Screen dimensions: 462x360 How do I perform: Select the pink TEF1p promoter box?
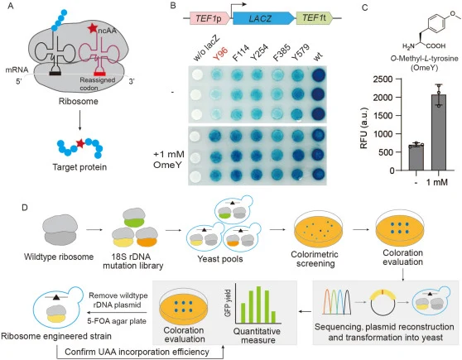click(209, 18)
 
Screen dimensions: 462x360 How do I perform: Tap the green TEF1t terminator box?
click(315, 18)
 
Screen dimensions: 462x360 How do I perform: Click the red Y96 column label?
click(220, 54)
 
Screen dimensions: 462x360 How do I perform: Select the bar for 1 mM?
click(439, 132)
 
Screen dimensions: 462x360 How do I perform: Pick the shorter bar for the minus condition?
click(416, 157)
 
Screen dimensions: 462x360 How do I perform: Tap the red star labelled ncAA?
click(93, 28)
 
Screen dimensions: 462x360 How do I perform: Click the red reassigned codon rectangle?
click(99, 74)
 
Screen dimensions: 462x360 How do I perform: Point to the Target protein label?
click(79, 167)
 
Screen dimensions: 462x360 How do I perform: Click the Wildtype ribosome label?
click(59, 257)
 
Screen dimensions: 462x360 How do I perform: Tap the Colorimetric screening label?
click(315, 259)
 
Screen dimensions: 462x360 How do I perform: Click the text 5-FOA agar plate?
click(117, 321)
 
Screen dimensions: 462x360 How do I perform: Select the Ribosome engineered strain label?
click(56, 336)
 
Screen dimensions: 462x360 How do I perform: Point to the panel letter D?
click(25, 208)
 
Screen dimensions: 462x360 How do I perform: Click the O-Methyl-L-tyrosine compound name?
click(424, 58)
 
